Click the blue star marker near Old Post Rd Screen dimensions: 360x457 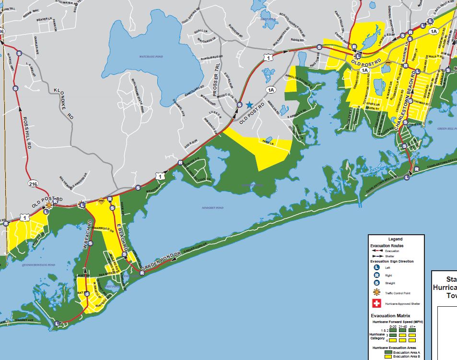249,105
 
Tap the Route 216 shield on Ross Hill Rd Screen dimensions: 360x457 32,183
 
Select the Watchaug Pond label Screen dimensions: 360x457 151,57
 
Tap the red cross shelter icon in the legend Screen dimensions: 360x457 376,303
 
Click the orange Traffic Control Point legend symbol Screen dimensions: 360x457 376,292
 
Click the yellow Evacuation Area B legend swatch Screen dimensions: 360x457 389,357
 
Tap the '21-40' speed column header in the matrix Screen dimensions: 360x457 403,326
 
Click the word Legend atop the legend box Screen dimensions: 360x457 396,239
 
